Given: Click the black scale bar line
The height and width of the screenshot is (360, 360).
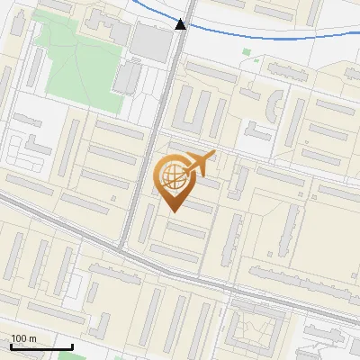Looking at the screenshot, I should tap(40, 347).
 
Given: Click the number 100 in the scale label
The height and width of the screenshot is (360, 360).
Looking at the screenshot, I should tap(21, 339).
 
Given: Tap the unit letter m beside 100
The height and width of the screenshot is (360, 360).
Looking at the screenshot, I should tap(32, 339).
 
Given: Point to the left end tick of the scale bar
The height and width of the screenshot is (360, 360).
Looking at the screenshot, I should tap(11, 346).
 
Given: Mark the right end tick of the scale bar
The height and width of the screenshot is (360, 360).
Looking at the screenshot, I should tap(72, 346).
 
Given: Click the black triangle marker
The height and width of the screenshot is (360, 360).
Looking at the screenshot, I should tap(181, 24).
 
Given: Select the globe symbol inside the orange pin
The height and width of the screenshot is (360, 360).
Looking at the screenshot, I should tap(171, 174).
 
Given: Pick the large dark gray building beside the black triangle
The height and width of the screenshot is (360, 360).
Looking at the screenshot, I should tap(149, 40).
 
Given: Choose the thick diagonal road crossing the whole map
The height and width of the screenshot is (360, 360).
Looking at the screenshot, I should tap(225, 288).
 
